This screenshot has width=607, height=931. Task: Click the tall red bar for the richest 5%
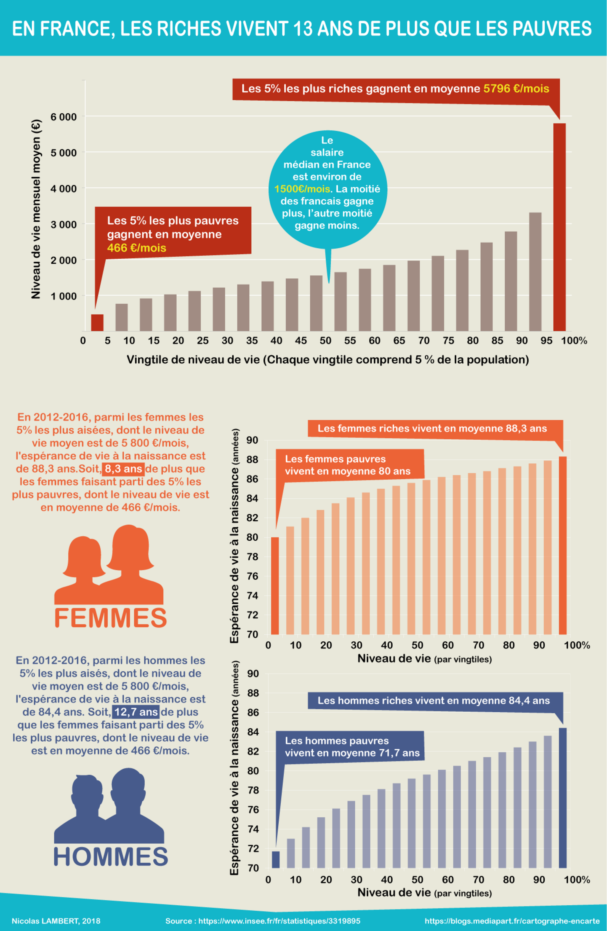tap(559, 227)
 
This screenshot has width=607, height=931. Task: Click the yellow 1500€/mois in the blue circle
tap(302, 189)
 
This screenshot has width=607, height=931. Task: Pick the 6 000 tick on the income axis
tap(63, 117)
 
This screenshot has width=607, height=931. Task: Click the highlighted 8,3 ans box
tap(123, 469)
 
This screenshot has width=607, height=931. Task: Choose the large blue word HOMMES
tap(110, 857)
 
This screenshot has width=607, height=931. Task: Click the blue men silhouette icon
tap(109, 806)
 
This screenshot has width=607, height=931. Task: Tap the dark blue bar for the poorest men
tap(276, 859)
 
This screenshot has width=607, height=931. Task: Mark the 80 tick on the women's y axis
tap(252, 537)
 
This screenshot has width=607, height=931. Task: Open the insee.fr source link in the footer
tap(262, 921)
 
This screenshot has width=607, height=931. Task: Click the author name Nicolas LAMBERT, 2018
tap(56, 921)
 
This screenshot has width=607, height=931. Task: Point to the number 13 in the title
tap(303, 29)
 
